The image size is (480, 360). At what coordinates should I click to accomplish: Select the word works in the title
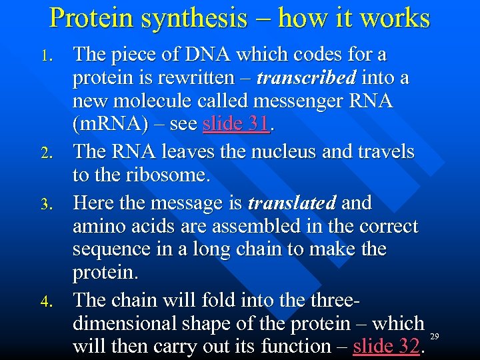(x=394, y=18)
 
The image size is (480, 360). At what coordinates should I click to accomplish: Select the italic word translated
(x=292, y=203)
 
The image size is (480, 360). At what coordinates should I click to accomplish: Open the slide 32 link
(x=387, y=347)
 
